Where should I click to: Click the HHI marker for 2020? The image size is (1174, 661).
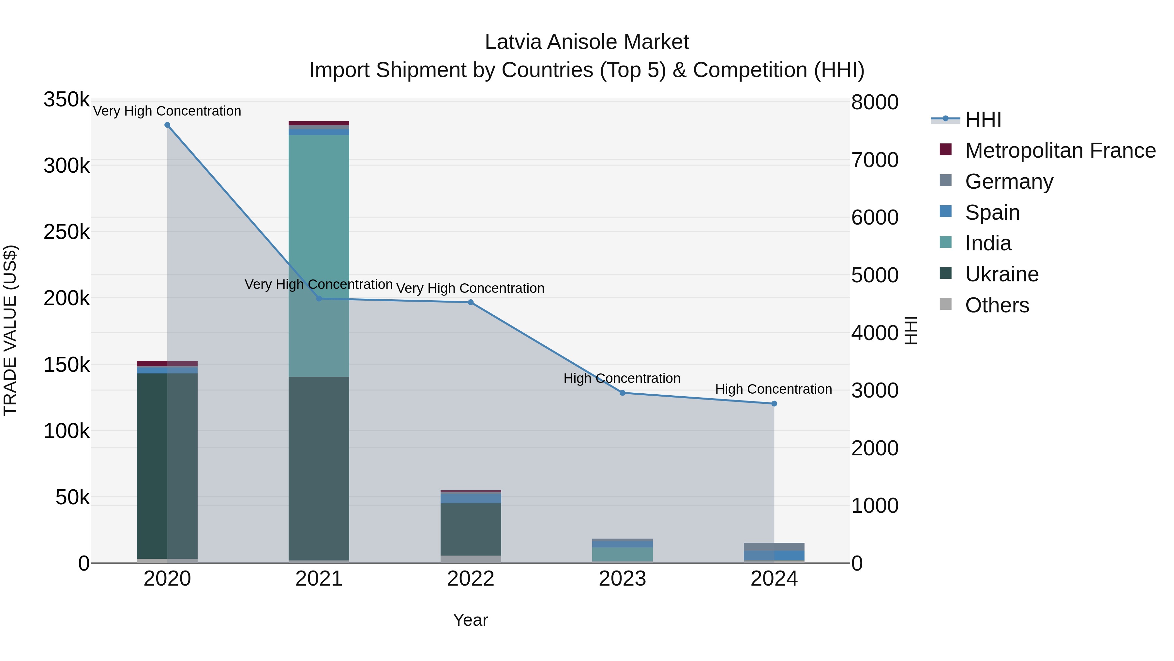click(x=167, y=125)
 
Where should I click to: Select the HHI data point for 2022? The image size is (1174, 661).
click(x=471, y=303)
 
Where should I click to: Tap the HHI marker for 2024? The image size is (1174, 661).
click(x=774, y=404)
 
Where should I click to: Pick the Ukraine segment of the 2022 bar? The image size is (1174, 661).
click(x=471, y=529)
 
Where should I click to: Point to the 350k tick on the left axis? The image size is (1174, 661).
click(x=67, y=100)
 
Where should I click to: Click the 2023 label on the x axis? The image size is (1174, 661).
click(x=622, y=579)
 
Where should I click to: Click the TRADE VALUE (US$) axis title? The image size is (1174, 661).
click(x=10, y=331)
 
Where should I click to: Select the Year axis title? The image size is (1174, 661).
click(x=470, y=620)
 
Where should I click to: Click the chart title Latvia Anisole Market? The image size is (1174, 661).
click(x=587, y=42)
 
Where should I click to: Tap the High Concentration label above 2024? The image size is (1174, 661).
click(x=774, y=389)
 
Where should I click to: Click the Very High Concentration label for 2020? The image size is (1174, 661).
click(x=167, y=111)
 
